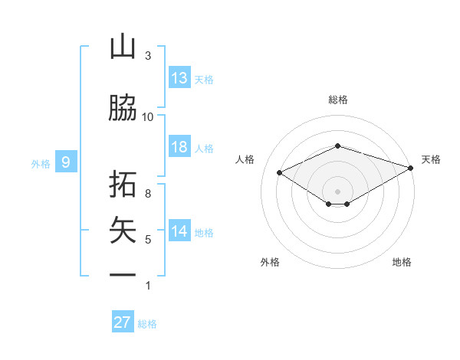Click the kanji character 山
[x=123, y=47]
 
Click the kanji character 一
[x=123, y=275]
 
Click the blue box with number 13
[x=179, y=78]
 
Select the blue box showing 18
[x=179, y=147]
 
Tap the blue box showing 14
[x=179, y=231]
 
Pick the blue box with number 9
[x=66, y=162]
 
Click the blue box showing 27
[x=123, y=322]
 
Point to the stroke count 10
[x=148, y=116]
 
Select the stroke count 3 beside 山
[x=148, y=56]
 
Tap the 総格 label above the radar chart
[x=337, y=100]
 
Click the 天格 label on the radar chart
[x=431, y=159]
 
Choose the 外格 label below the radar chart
[x=270, y=262]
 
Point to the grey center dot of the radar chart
[x=337, y=190]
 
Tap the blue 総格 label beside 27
[x=147, y=324]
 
